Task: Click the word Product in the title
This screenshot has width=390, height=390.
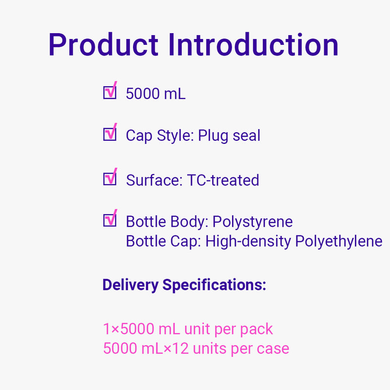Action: [103, 44]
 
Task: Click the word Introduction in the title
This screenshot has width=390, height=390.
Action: [253, 44]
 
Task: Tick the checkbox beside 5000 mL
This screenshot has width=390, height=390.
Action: [110, 92]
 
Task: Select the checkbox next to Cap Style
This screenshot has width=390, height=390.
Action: [110, 134]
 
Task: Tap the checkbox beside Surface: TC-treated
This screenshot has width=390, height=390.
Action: [110, 179]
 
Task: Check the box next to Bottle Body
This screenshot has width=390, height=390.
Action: [110, 220]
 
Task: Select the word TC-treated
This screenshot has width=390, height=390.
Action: [223, 180]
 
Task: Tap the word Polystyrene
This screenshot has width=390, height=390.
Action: [253, 222]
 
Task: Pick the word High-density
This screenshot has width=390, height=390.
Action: [248, 242]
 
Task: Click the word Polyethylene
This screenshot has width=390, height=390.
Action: [338, 242]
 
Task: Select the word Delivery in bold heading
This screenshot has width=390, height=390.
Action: [131, 285]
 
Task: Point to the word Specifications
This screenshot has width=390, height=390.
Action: [214, 285]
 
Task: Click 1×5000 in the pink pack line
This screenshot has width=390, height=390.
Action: [129, 329]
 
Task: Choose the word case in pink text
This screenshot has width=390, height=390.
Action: [273, 349]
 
